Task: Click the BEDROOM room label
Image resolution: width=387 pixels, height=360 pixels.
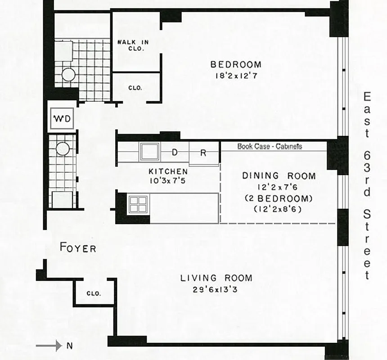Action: (x=236, y=65)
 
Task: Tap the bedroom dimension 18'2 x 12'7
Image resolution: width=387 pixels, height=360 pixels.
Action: (x=236, y=76)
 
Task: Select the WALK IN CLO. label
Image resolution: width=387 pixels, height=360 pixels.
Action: (x=133, y=45)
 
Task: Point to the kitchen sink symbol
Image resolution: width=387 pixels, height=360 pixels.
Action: (x=149, y=152)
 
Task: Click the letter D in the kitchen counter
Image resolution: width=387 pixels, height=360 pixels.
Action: (x=175, y=153)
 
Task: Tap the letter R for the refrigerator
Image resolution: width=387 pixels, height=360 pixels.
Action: (x=203, y=153)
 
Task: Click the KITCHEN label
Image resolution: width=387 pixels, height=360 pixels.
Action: (x=168, y=171)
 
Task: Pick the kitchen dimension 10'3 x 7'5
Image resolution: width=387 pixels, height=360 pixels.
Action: (x=168, y=181)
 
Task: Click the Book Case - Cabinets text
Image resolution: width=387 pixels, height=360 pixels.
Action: (x=270, y=146)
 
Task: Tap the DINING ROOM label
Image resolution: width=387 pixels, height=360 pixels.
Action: (x=279, y=176)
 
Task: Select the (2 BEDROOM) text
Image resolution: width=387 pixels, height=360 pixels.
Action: (x=279, y=198)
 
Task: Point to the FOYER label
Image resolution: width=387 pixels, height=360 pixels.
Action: (x=78, y=248)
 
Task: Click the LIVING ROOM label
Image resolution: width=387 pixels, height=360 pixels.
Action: (x=216, y=278)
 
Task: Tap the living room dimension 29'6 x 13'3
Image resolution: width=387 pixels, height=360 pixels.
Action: (x=216, y=289)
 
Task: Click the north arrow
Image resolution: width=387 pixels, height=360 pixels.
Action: (x=49, y=346)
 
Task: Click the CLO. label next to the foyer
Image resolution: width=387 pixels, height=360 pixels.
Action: (x=94, y=293)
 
